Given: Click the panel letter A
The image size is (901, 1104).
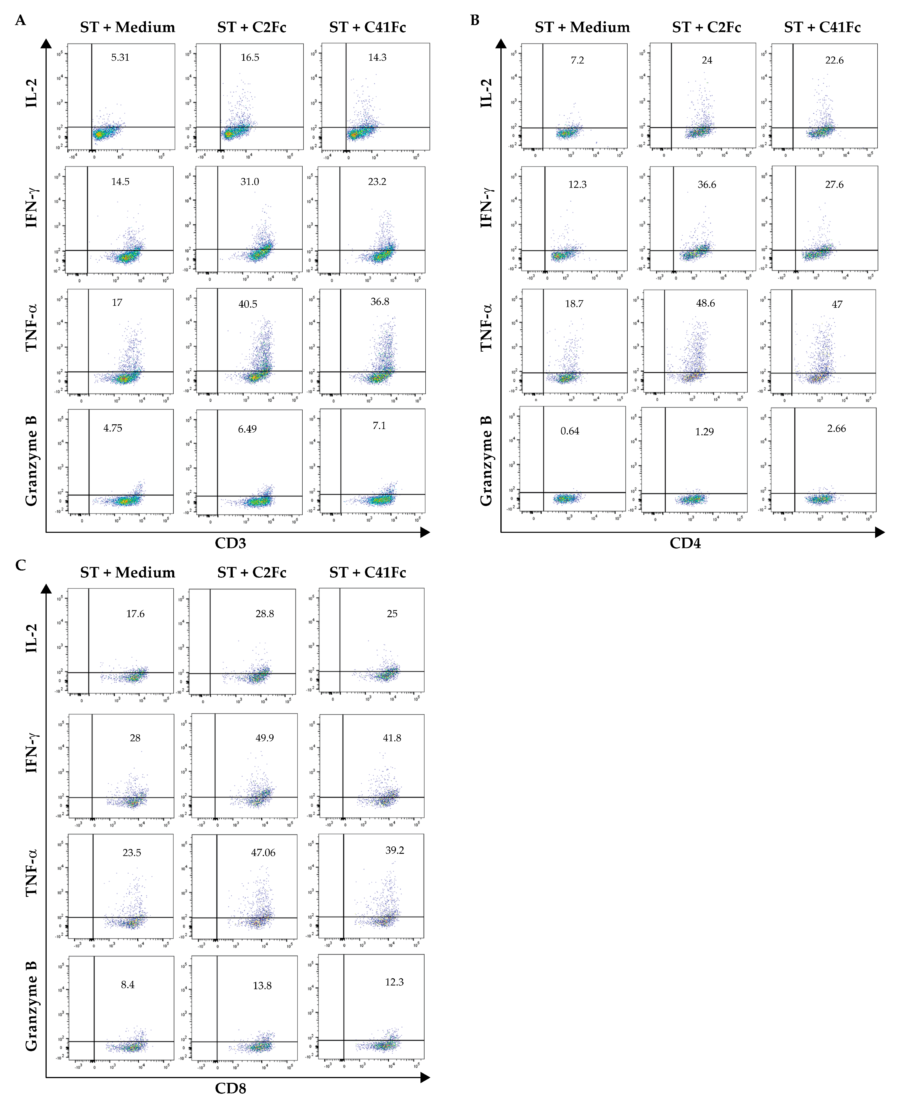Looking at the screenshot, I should tap(20, 20).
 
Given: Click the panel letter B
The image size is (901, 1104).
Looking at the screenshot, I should tap(474, 20).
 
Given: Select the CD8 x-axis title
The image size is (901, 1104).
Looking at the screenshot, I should tap(231, 1088).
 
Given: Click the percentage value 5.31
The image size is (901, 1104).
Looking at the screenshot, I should tap(120, 57).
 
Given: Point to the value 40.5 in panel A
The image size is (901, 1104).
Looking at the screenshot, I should tap(248, 304).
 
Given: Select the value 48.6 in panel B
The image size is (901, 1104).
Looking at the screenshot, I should tap(705, 303).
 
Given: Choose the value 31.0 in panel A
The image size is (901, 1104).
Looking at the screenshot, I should tap(250, 182).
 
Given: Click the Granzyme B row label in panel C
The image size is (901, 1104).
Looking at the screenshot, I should tap(31, 1006).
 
